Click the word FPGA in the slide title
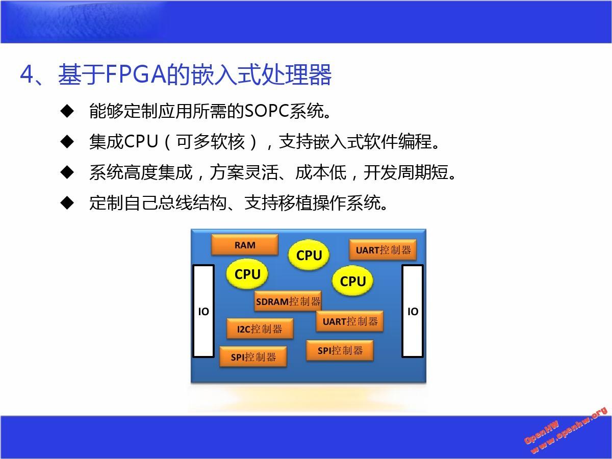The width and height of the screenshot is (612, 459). point(136,74)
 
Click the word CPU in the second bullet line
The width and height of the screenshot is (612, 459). point(141,141)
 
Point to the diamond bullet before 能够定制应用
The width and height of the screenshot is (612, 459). point(67,111)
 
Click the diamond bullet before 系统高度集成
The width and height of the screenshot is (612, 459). point(67,172)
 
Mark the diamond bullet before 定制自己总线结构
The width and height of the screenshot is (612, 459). point(67,202)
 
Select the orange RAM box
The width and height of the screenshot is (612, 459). point(245,244)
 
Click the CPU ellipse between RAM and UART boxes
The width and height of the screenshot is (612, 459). point(309,255)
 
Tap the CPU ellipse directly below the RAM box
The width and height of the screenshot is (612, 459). point(247,274)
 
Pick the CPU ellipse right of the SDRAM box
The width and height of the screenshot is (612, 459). point(352,280)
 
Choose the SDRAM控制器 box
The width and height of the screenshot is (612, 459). point(288,301)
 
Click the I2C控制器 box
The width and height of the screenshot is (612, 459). point(260,329)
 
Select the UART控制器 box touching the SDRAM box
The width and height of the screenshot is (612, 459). point(350,321)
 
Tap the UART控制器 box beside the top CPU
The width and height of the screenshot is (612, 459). point(383,250)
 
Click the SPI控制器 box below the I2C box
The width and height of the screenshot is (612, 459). point(253,356)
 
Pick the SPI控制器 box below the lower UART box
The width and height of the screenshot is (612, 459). point(340,350)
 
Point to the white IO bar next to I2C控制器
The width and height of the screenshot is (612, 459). point(203,311)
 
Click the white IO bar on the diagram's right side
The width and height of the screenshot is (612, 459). point(413,311)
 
